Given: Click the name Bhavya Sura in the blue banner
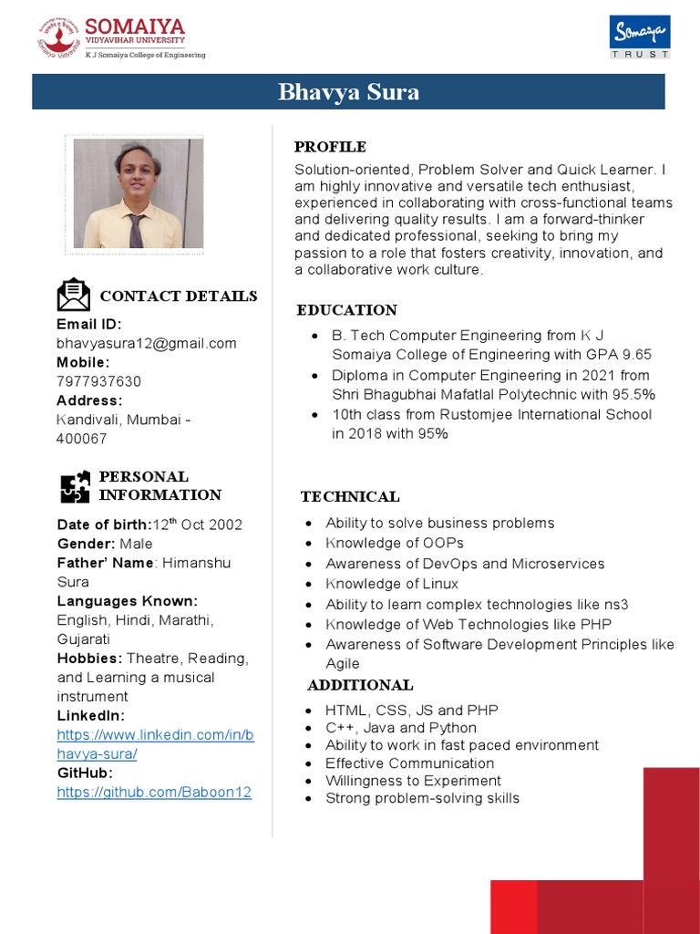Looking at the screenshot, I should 349,92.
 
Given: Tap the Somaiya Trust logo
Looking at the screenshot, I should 639,36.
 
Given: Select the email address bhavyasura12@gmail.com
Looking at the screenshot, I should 146,343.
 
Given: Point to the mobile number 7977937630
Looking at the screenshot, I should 98,381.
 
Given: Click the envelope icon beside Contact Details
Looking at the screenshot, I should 74,296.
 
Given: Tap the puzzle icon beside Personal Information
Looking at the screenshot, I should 76,486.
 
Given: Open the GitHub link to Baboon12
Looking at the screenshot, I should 153,792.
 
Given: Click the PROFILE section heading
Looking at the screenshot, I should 330,147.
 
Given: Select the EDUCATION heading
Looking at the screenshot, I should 346,310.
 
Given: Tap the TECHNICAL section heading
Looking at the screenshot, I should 350,497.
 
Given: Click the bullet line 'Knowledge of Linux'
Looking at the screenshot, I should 392,584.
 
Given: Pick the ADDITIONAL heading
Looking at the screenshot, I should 360,685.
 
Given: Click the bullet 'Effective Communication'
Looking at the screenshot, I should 409,763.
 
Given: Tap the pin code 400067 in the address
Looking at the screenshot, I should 82,439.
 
